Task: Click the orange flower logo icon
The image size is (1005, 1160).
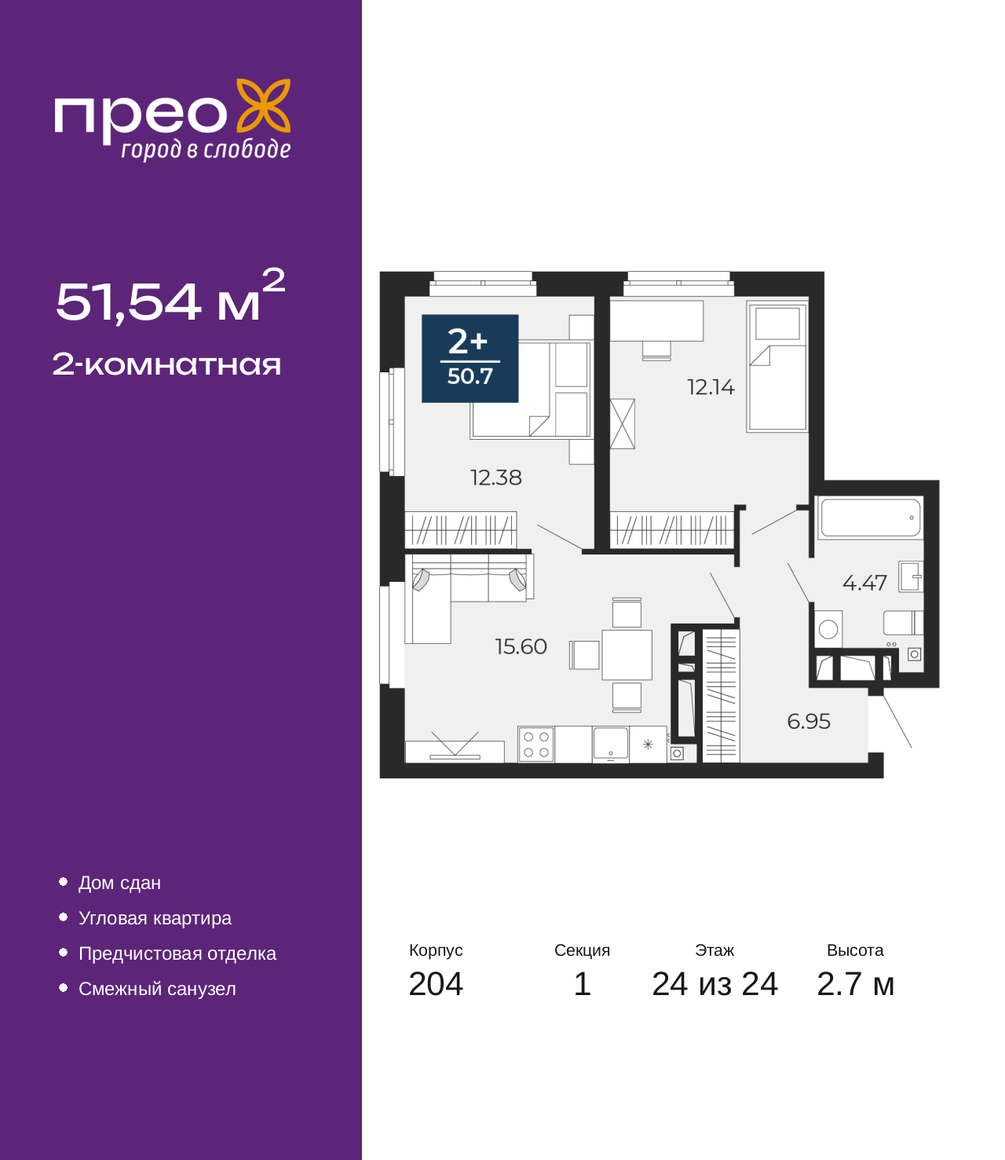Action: pos(264,105)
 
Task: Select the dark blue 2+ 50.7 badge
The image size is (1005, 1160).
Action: pos(470,358)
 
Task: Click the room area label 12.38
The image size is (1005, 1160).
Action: pos(496,478)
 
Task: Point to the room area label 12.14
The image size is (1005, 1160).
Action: pos(711,387)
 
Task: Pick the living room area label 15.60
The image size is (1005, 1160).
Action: pos(521,646)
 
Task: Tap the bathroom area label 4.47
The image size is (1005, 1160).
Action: pos(864,583)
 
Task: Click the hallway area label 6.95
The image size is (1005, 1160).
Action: pos(809,721)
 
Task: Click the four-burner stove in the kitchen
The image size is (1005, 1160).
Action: pos(536,745)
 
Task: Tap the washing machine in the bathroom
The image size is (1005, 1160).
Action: pos(828,628)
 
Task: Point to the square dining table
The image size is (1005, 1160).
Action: pos(627,655)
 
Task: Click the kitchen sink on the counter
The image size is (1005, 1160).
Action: pos(611,745)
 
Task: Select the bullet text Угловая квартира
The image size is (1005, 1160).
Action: pos(155,917)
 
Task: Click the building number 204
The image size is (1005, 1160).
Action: pos(436,983)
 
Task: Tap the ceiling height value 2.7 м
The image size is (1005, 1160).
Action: pos(855,983)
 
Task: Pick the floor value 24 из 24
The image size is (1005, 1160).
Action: pos(715,983)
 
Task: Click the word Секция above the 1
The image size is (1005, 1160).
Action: pos(582,950)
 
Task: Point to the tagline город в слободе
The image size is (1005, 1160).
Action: pos(206,149)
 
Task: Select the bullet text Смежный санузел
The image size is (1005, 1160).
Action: pos(157,988)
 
